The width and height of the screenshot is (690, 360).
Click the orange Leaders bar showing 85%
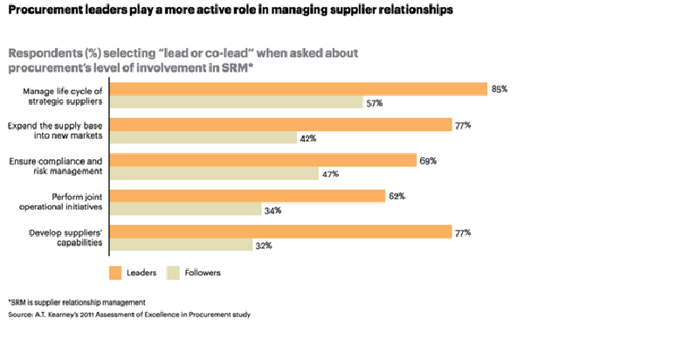pos(298,88)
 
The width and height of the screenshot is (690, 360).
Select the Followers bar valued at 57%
pos(236,102)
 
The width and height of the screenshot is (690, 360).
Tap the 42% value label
pos(307,138)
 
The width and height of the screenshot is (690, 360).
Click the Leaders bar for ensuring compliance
pos(263,161)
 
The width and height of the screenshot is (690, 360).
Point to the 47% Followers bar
pos(214,174)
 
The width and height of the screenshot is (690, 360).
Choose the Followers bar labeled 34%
pos(185,210)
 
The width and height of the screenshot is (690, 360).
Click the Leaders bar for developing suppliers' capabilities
pos(280,232)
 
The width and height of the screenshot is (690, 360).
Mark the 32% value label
pos(263,246)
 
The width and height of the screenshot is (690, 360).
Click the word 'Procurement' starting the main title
pos(44,10)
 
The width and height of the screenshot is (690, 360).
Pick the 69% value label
pos(427,161)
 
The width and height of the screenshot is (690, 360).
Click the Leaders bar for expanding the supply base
pos(280,125)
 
